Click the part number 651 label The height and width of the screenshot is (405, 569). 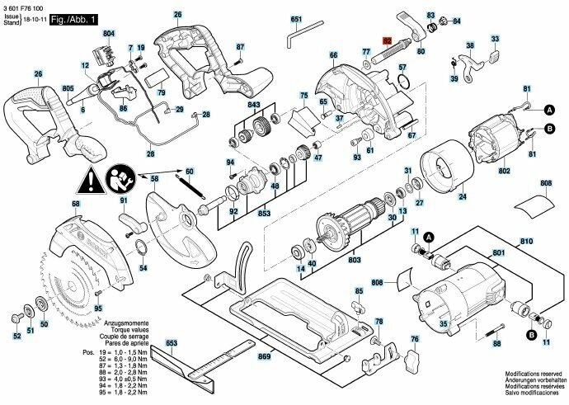point(297,18)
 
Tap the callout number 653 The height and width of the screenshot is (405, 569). point(172,341)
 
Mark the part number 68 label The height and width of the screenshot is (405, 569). point(53,204)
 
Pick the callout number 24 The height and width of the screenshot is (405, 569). point(462,197)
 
